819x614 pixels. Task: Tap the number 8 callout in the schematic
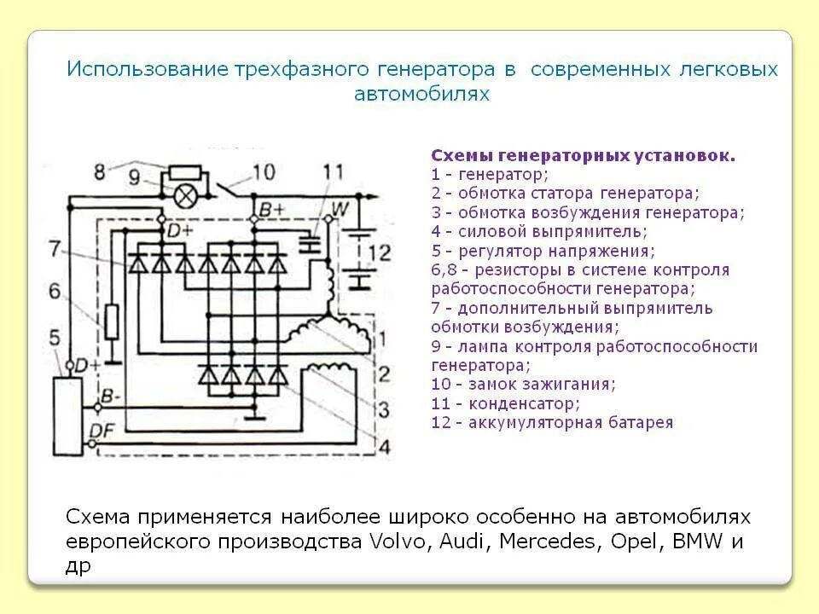[100, 171]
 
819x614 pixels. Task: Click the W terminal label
[339, 206]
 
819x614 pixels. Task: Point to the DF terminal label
[100, 432]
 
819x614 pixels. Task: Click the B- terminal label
[108, 397]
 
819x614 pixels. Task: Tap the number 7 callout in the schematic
[55, 249]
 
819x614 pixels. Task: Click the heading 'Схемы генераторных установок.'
[583, 156]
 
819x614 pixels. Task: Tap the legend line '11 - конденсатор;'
[506, 403]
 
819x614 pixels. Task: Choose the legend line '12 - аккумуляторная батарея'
[552, 422]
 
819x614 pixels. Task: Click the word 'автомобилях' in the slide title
[422, 94]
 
